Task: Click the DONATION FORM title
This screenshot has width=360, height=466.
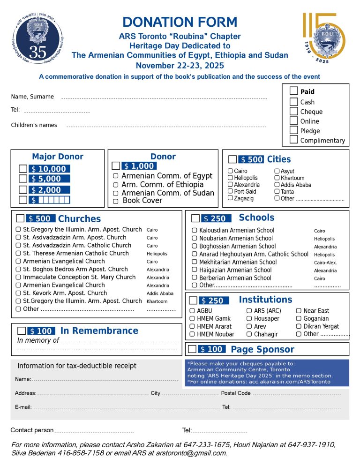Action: [180, 22]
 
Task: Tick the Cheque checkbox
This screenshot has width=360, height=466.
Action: [294, 112]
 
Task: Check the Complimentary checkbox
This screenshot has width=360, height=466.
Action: [294, 140]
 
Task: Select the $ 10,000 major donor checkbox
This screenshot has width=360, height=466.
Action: [22, 169]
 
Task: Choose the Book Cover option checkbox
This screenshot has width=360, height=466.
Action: [115, 201]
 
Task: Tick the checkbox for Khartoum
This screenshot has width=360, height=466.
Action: [277, 178]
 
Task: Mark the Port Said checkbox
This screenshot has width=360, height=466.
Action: [230, 191]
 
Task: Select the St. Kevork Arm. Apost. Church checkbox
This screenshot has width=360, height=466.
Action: [18, 293]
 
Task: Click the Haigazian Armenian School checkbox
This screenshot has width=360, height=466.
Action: [195, 270]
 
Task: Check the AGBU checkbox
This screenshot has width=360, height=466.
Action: [192, 311]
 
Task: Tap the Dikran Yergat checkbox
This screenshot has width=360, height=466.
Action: [299, 326]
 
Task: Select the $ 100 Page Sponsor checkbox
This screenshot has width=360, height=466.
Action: [192, 349]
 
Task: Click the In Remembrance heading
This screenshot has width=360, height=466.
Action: [99, 331]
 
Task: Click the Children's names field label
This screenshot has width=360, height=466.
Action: [34, 125]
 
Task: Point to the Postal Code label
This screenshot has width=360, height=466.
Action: [236, 393]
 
